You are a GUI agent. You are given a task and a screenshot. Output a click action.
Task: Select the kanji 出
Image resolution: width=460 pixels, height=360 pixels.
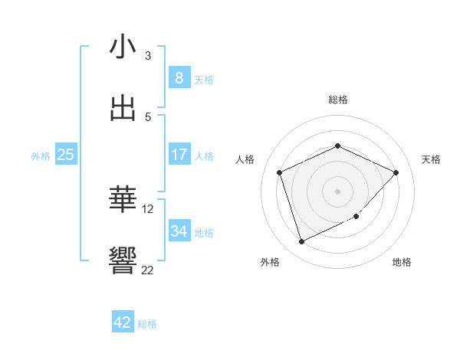click(x=123, y=108)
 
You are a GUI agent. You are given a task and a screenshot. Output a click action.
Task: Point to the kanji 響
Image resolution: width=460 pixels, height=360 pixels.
click(x=123, y=260)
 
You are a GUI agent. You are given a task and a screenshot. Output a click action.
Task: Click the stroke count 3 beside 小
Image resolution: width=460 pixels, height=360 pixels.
click(x=148, y=56)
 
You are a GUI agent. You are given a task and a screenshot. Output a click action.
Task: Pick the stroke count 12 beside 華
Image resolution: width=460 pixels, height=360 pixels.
click(x=148, y=208)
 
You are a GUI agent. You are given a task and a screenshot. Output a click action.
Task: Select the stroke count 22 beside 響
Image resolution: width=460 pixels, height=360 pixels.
click(x=148, y=270)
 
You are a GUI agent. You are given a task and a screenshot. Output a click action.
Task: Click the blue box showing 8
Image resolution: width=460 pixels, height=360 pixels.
click(x=179, y=77)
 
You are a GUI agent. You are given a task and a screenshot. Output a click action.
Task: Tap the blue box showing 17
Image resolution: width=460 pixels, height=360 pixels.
click(x=179, y=155)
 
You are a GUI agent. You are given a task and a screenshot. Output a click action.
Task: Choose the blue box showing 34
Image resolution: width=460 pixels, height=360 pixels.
click(x=179, y=231)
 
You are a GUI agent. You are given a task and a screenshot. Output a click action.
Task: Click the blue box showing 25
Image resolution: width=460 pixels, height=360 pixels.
click(x=66, y=155)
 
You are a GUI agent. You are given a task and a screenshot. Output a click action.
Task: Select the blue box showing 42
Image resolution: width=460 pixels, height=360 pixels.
click(x=123, y=322)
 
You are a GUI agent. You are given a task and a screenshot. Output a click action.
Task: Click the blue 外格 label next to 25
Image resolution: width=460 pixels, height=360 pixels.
click(x=41, y=156)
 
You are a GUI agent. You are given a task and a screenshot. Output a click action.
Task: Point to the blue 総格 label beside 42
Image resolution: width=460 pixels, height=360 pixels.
click(x=147, y=324)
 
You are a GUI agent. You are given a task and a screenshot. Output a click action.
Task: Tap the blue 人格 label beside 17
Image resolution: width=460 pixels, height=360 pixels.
click(x=204, y=156)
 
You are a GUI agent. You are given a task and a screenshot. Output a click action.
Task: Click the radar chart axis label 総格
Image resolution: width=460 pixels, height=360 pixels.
click(x=338, y=100)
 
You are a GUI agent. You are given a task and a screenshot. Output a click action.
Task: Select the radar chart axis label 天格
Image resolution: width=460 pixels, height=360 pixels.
click(x=432, y=159)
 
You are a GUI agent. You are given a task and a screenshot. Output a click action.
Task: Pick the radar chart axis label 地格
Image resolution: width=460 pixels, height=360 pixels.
click(x=402, y=263)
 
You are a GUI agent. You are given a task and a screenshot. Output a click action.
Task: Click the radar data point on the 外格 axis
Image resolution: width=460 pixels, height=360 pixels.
click(x=301, y=242)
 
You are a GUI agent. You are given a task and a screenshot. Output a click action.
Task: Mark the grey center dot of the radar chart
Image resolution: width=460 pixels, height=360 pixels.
click(x=337, y=191)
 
